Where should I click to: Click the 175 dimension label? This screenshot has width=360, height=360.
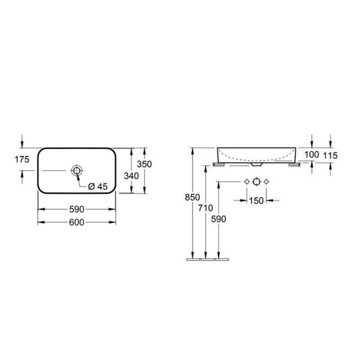pos(22,159)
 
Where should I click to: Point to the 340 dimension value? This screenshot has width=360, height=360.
pos(131,176)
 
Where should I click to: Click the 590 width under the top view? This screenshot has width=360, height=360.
pos(76,210)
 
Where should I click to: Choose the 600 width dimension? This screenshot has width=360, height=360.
pos(76,222)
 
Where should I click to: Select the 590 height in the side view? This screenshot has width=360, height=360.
pos(220,220)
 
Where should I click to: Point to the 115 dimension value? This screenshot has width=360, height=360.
pos(330,155)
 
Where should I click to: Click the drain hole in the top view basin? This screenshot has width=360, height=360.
pos(76,171)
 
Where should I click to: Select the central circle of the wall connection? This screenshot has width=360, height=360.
pos(256,182)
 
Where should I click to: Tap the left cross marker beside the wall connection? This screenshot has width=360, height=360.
pos(245,182)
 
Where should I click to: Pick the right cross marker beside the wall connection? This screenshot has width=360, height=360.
pos(267,182)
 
